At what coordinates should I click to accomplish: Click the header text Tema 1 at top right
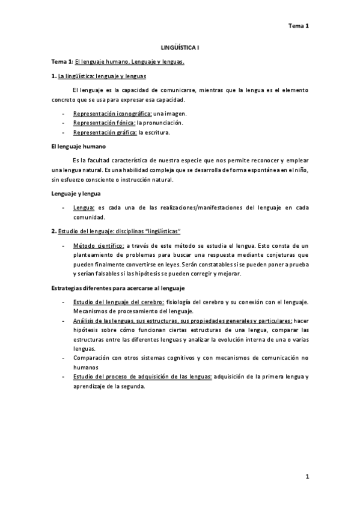click(x=298, y=26)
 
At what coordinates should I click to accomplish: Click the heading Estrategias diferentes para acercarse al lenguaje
click(x=117, y=288)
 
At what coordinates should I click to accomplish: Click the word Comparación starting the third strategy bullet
click(x=93, y=357)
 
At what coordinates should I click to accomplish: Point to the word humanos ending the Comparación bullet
click(x=86, y=367)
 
